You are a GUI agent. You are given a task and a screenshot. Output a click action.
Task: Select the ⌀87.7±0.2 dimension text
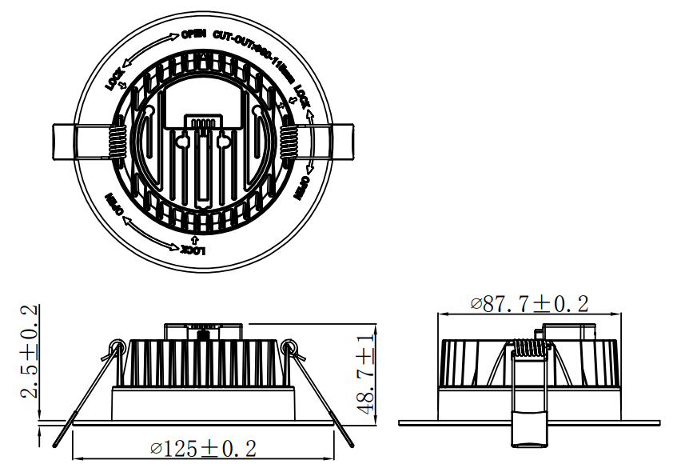tap(530, 304)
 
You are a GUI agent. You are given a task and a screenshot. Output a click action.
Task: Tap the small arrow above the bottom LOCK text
tap(196, 238)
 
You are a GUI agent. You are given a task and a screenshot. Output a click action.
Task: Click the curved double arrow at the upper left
tap(148, 51)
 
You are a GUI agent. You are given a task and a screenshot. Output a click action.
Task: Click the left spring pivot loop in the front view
tap(116, 346)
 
